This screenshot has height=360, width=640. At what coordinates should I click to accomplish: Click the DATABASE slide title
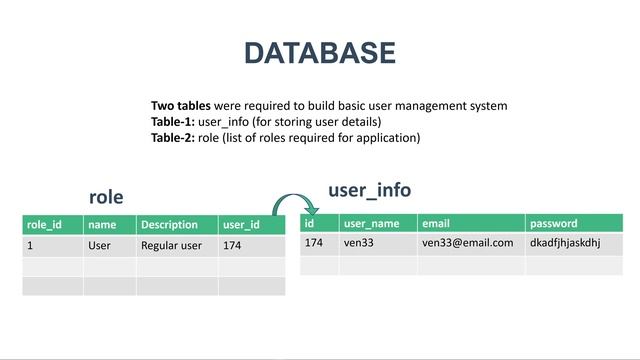(x=319, y=53)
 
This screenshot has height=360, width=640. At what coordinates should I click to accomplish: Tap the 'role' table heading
(x=106, y=197)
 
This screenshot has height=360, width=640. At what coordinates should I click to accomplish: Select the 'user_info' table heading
(x=369, y=189)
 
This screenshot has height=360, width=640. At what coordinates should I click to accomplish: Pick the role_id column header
(x=44, y=225)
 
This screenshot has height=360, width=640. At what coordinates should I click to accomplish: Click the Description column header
(x=169, y=225)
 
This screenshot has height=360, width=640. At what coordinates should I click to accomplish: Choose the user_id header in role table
(x=241, y=225)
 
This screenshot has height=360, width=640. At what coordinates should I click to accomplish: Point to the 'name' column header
(x=102, y=225)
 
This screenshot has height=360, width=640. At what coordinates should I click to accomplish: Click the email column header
(x=436, y=223)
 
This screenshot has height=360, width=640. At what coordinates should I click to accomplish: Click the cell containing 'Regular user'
(x=171, y=245)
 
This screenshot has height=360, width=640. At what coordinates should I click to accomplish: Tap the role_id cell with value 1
(x=31, y=245)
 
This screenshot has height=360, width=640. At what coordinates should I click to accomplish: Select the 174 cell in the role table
(x=232, y=245)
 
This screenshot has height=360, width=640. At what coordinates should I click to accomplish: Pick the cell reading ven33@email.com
(x=467, y=243)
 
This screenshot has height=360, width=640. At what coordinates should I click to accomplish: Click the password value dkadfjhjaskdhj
(x=564, y=243)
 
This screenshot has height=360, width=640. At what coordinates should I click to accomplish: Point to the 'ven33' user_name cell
(x=358, y=243)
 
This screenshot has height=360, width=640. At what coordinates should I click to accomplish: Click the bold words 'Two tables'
(x=181, y=105)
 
